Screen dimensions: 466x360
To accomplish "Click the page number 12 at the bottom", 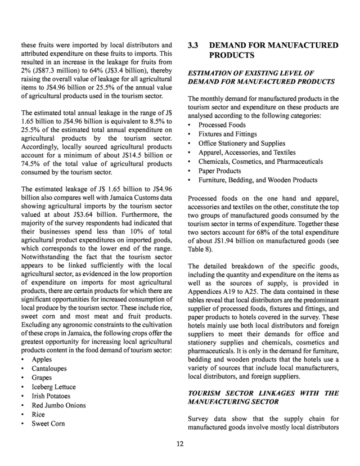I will point(179,443).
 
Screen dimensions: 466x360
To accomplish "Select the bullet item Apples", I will point(42,359).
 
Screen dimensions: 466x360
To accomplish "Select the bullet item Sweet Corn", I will point(48,423).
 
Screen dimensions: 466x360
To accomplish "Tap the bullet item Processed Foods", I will point(221,125).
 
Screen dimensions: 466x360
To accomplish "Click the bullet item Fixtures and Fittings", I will point(227,135).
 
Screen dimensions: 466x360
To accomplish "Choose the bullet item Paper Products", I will point(220,171).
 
